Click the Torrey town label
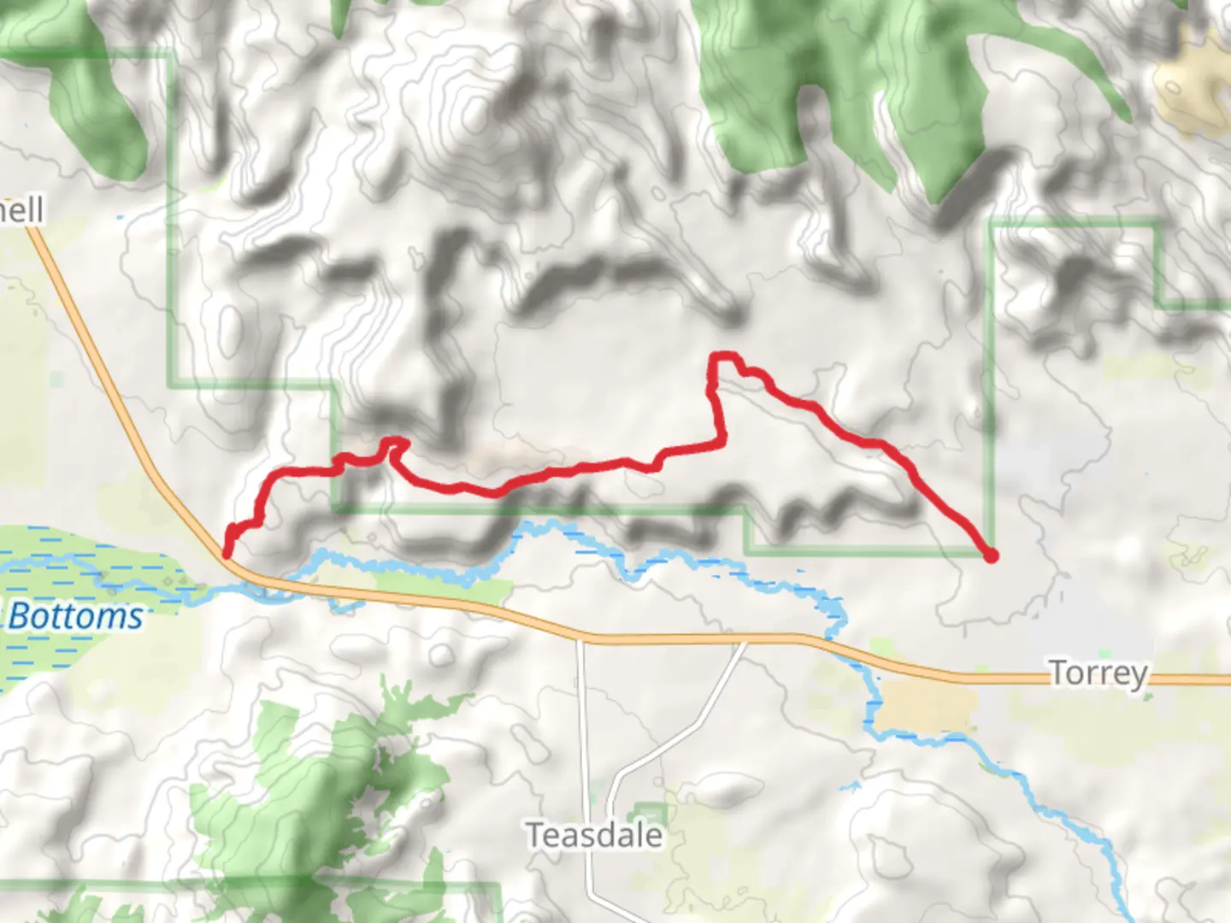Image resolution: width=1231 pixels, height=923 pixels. click(1098, 673)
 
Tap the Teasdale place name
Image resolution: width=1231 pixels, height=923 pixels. click(593, 835)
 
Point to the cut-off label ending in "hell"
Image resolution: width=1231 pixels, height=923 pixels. click(21, 209)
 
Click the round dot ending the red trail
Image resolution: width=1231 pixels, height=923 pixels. click(991, 556)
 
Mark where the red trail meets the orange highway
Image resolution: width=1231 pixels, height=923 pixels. click(227, 555)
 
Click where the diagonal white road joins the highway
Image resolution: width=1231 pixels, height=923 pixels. click(746, 638)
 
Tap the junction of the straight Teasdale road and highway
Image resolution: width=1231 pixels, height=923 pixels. click(581, 637)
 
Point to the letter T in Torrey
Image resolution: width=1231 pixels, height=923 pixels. click(1058, 673)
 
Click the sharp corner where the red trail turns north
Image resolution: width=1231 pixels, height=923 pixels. click(722, 443)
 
